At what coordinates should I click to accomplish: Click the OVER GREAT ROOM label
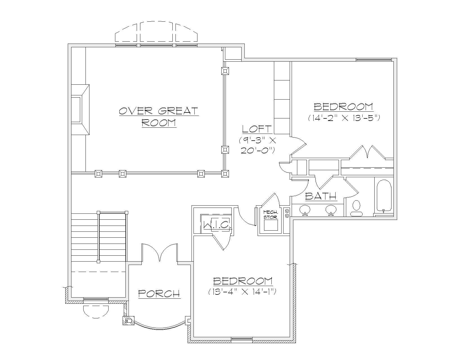coord(159,117)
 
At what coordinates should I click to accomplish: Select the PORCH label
coord(159,294)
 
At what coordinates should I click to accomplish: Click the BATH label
coord(321,196)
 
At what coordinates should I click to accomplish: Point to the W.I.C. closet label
coord(217,224)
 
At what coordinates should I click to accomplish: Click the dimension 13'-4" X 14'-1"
coord(243,292)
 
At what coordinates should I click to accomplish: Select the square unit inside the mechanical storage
coord(271,225)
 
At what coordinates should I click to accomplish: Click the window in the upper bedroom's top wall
coord(373,60)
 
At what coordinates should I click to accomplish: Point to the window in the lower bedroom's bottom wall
coord(242,340)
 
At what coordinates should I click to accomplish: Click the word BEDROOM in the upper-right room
coord(343,107)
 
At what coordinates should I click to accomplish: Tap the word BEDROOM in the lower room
coord(243,281)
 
